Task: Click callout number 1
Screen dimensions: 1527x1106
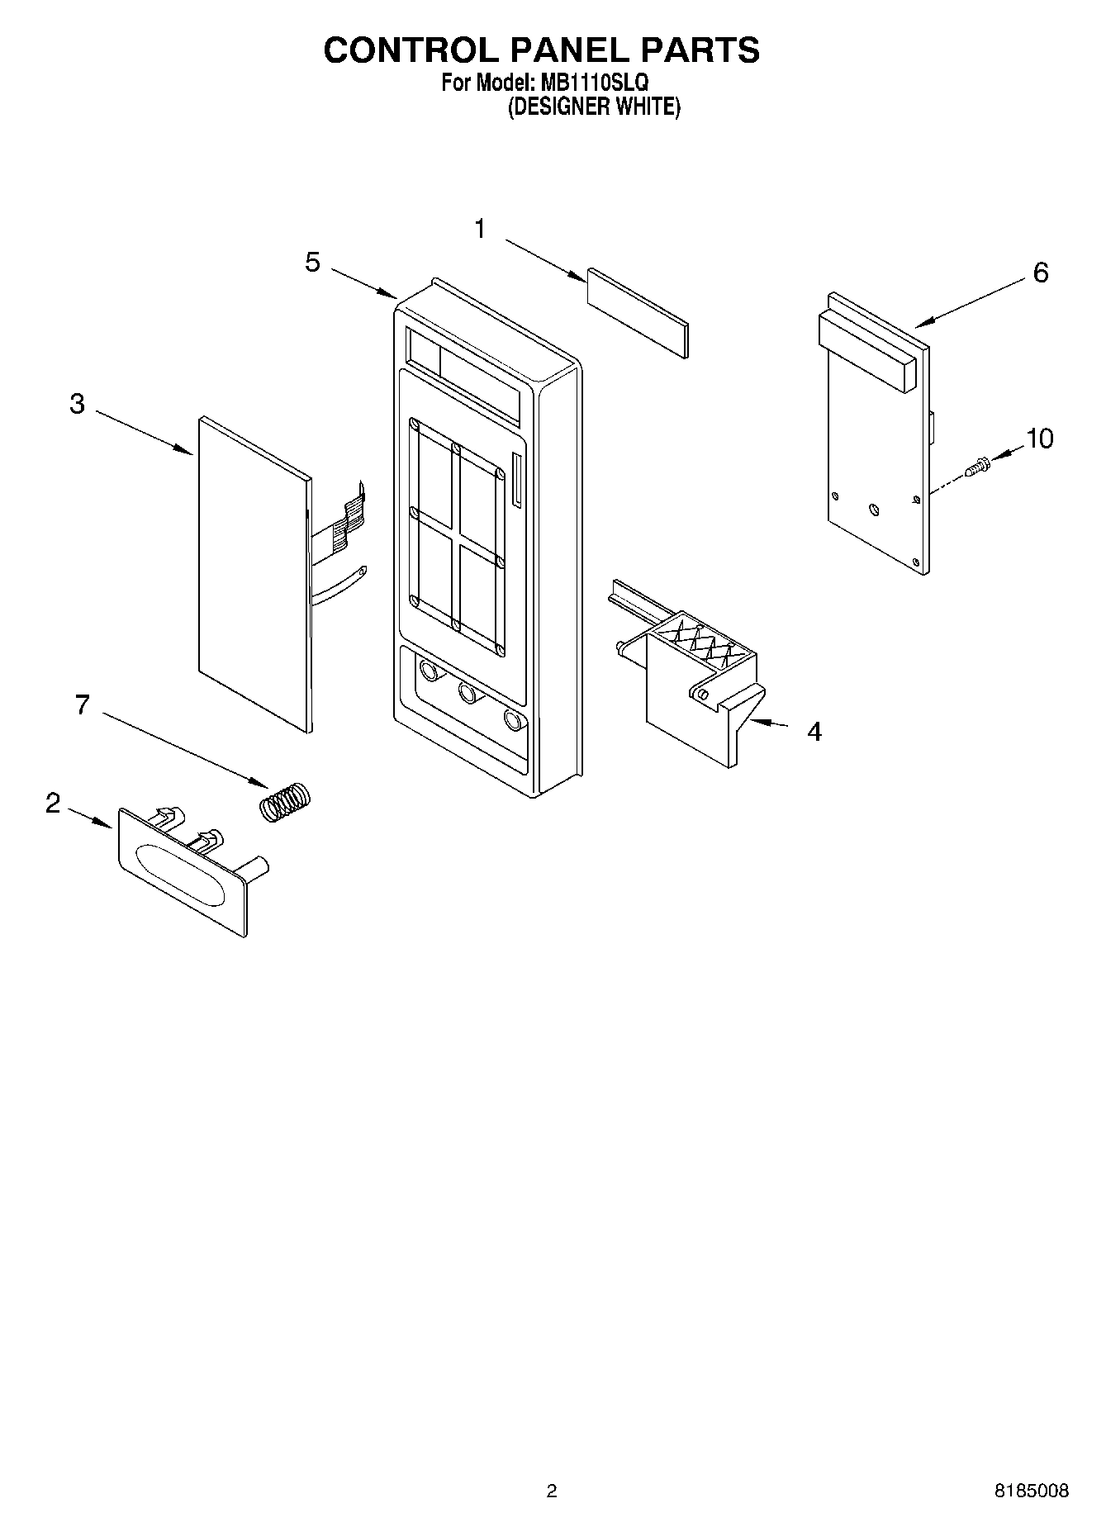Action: (x=481, y=230)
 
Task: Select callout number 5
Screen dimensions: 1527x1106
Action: (x=312, y=263)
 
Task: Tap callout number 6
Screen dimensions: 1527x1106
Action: (x=1040, y=272)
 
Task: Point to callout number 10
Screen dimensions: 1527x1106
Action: (x=1039, y=439)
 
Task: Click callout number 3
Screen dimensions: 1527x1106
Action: (x=77, y=404)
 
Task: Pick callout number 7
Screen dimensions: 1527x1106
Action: (x=82, y=704)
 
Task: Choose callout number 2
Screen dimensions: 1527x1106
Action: (x=53, y=803)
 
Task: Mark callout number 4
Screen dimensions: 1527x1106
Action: (x=814, y=732)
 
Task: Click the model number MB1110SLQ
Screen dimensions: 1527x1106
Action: (x=594, y=83)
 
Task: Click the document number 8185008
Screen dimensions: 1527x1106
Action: (x=1031, y=1491)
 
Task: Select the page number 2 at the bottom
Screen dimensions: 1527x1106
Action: (x=552, y=1491)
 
